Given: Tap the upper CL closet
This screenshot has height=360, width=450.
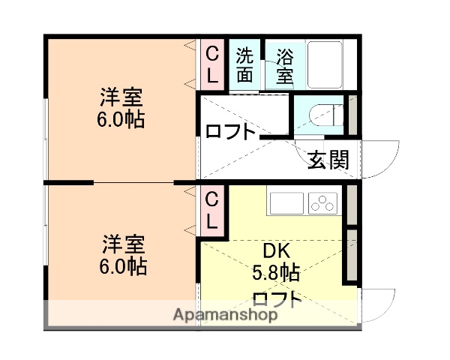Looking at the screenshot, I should coord(212,64).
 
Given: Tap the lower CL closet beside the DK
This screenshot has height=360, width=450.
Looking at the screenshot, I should coord(212,211).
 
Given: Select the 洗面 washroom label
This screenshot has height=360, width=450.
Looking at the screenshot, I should coord(245,64).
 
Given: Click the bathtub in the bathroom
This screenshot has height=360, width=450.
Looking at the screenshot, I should coord(325,64).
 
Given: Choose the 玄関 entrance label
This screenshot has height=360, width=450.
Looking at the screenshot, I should coord(327,160).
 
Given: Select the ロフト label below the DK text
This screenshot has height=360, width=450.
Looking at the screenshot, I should coord(277,299).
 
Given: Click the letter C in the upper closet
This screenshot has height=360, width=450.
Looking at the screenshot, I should coord(212,54).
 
